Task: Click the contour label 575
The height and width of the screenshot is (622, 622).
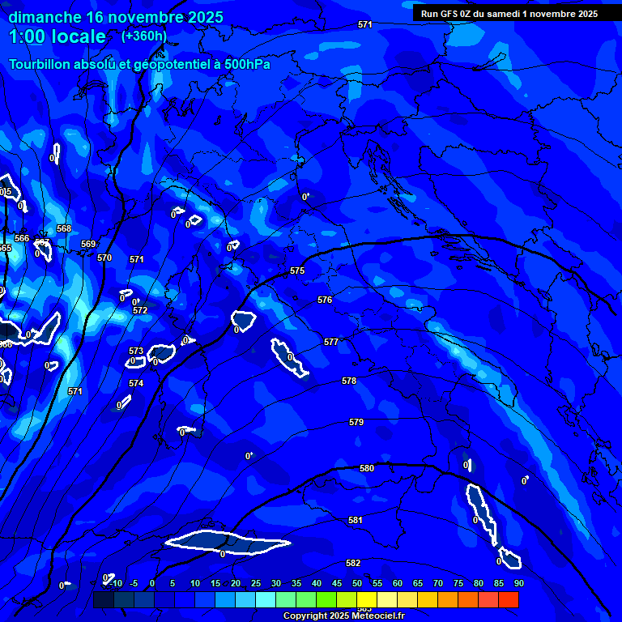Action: [x=297, y=271]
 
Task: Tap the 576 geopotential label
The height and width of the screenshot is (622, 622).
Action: [x=325, y=300]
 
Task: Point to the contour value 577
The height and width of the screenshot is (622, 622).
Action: [x=331, y=343]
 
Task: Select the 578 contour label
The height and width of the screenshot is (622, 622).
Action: [x=349, y=381]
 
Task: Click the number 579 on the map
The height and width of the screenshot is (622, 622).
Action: [x=356, y=423]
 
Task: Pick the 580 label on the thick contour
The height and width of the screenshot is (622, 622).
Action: [x=367, y=469]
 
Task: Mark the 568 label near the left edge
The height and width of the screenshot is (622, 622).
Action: [x=64, y=229]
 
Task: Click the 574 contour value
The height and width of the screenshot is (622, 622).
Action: [x=136, y=384]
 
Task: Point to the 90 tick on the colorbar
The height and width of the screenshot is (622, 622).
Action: [x=518, y=584]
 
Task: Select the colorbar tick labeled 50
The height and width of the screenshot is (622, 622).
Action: [x=357, y=584]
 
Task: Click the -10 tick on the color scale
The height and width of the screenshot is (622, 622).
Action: [x=115, y=584]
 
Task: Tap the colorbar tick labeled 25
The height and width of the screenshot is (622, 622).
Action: [x=256, y=584]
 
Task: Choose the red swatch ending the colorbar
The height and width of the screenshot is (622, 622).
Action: [x=509, y=599]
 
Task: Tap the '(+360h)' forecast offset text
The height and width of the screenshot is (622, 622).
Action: [x=143, y=36]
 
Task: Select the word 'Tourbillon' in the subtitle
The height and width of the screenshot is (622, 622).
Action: [x=42, y=65]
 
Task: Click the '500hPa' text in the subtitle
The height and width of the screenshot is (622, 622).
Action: [x=245, y=65]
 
